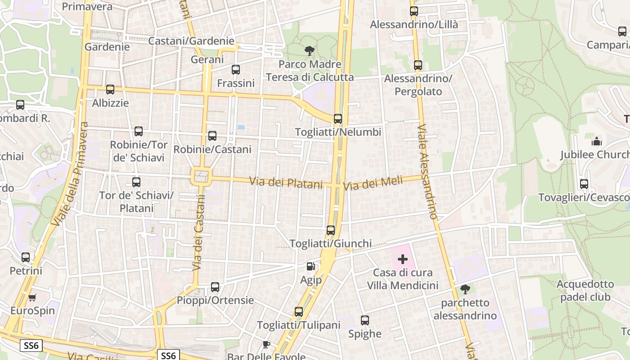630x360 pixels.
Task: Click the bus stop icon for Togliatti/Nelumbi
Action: [x=338, y=119]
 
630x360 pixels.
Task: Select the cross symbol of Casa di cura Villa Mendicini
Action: [x=403, y=259]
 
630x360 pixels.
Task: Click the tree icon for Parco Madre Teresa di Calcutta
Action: [x=310, y=51]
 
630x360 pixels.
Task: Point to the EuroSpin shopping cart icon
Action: [x=32, y=297]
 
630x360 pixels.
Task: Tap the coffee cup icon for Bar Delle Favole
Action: [x=266, y=345]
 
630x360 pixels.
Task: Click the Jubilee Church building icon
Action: [x=597, y=141]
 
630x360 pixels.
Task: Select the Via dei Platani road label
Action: [x=286, y=183]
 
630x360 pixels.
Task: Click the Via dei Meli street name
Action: [x=366, y=183]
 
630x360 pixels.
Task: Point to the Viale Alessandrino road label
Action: [x=427, y=172]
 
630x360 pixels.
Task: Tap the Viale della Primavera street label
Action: [x=69, y=174]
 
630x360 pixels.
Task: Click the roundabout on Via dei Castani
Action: [x=201, y=175]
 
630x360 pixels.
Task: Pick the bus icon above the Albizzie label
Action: [x=110, y=90]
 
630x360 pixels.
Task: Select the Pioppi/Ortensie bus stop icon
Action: [x=215, y=287]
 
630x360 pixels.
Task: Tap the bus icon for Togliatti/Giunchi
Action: [x=331, y=230]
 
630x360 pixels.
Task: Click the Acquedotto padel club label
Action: [x=585, y=290]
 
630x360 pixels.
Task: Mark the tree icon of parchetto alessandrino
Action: [x=465, y=289]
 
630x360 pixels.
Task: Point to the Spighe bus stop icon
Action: [x=365, y=320]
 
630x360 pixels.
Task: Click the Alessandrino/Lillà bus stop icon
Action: [x=414, y=11]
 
